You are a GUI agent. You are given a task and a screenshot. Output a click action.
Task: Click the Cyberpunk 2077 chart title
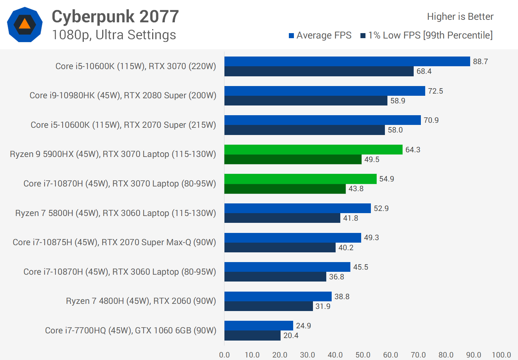[x=115, y=17]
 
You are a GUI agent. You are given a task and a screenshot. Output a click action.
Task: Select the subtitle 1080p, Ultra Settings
[x=114, y=35]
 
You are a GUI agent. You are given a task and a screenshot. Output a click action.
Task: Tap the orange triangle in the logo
[x=24, y=24]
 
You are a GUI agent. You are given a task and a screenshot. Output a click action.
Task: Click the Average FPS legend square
[x=291, y=36]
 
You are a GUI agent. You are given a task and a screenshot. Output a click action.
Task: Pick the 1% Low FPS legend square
[x=363, y=36]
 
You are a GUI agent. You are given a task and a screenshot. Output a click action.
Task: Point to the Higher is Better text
[x=460, y=17]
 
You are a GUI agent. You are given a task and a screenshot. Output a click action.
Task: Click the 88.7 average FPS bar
[x=347, y=62]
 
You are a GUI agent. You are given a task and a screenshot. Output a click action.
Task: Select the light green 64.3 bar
[x=313, y=150]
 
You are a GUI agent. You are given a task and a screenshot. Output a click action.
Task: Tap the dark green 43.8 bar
[x=285, y=189]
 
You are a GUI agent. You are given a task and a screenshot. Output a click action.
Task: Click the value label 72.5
[x=435, y=91]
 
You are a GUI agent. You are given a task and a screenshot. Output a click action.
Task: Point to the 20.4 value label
[x=291, y=336]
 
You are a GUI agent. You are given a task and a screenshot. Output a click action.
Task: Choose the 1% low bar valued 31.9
[x=268, y=306]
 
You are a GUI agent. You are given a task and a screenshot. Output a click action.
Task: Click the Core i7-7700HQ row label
[x=130, y=330]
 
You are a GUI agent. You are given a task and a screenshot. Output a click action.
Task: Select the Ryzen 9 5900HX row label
[x=113, y=154]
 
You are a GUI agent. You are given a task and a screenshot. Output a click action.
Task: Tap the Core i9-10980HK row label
[x=123, y=95]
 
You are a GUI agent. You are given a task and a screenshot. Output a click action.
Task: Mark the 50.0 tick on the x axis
[x=363, y=355]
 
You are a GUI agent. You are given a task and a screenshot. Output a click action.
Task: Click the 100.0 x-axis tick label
[x=501, y=355]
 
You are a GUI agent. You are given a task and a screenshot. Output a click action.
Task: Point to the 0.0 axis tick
[x=224, y=355]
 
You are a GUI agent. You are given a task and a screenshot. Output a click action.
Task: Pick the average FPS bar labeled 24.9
[x=259, y=326]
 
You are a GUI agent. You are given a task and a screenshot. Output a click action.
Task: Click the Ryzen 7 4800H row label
[x=141, y=301]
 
